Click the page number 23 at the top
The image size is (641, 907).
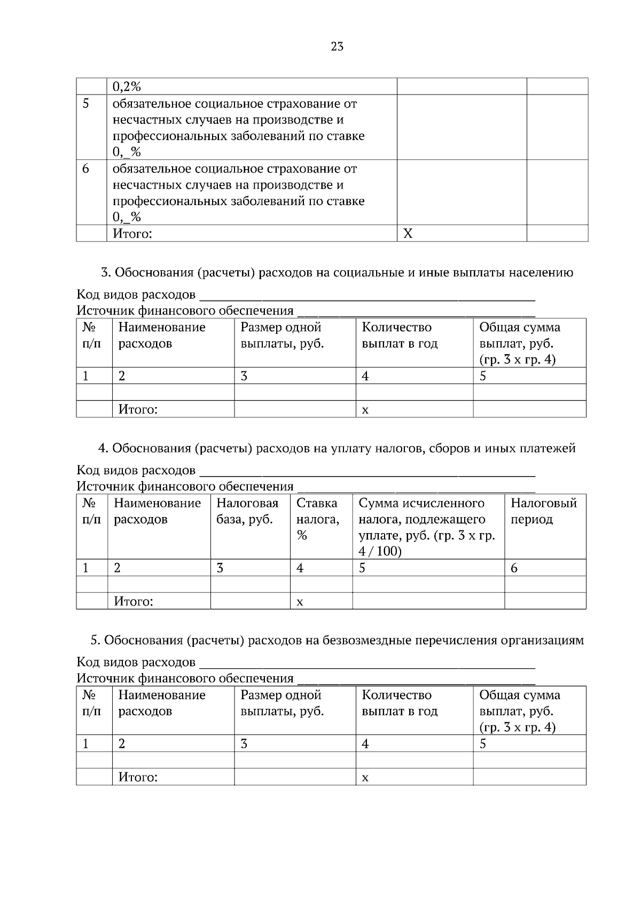337,46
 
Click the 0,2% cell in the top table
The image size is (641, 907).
127,87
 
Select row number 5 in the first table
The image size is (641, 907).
86,104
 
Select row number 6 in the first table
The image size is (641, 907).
85,169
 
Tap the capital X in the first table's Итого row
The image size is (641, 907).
408,233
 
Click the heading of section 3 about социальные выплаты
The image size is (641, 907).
337,272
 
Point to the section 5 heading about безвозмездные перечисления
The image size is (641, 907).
337,640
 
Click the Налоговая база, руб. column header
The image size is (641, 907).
247,511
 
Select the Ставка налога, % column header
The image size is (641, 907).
317,519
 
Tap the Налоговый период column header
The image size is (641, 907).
543,511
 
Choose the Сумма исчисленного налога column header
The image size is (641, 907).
426,527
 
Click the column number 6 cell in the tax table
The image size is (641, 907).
514,568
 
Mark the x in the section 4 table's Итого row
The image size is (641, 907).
300,602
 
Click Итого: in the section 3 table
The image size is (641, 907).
138,410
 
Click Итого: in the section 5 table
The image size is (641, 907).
138,777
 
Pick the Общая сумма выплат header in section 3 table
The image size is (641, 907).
519,343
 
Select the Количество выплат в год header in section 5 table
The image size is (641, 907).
400,703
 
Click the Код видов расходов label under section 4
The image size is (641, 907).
136,470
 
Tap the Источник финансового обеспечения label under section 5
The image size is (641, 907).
185,678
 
